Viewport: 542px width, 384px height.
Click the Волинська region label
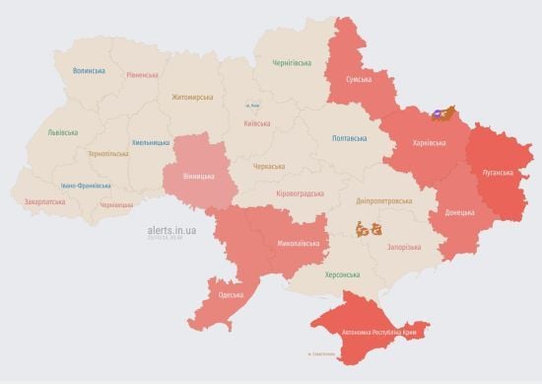[89, 71]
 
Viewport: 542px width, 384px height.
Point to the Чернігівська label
[293, 62]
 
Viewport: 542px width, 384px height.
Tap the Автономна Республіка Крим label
[379, 333]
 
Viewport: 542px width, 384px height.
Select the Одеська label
[232, 295]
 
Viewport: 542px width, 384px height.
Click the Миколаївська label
[299, 242]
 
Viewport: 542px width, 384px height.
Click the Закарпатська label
[44, 201]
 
